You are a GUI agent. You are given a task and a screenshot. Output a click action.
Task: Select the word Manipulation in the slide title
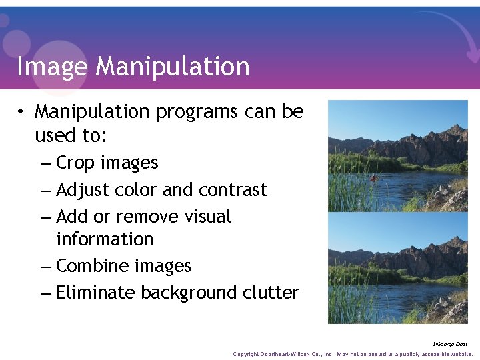coord(173,67)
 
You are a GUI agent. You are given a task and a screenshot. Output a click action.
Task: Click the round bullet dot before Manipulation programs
coord(22,112)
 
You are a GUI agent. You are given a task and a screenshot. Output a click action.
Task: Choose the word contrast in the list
coord(231,190)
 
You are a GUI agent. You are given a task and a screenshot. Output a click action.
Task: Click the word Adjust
coord(83,190)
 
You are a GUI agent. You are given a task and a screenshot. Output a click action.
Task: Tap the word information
coord(105,239)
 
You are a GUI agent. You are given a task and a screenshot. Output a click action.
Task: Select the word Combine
coord(90,266)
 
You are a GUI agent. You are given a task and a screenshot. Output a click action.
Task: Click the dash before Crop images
coord(46,163)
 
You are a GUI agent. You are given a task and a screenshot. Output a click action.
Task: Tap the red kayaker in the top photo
coord(375,178)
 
